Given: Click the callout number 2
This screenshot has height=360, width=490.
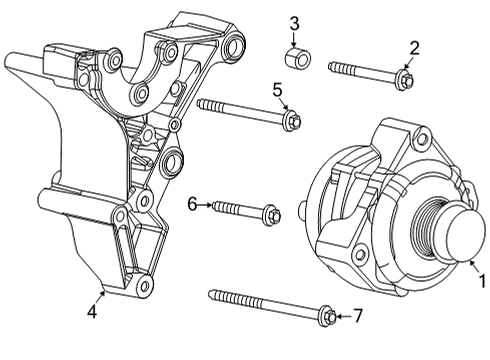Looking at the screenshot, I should (x=414, y=46).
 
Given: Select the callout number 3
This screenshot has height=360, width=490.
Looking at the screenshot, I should (x=294, y=23).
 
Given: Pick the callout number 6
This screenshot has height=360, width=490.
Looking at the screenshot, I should (x=192, y=204).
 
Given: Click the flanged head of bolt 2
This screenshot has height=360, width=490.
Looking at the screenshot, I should (x=404, y=76).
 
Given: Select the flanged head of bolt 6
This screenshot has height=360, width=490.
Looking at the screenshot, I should (x=272, y=214).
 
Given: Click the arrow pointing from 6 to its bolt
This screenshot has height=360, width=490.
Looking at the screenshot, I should (x=207, y=204).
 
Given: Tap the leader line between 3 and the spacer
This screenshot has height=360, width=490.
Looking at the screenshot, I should (x=294, y=36).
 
